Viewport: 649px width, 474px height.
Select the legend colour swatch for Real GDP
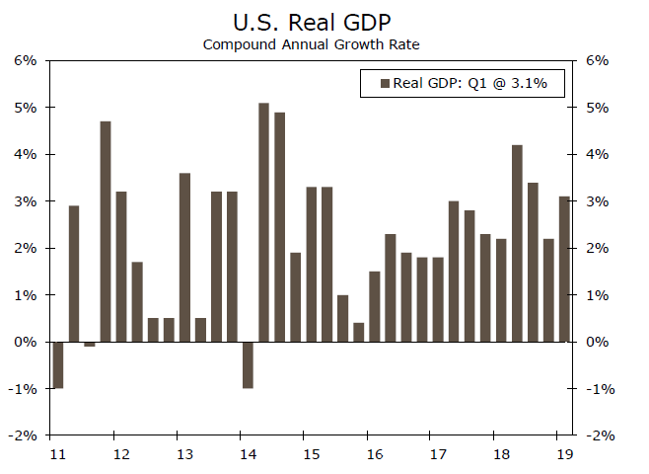pos(385,83)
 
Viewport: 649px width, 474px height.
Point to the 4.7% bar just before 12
pos(106,231)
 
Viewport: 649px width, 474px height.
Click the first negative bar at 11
pos(58,364)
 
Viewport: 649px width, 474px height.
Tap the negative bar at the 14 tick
pos(248,364)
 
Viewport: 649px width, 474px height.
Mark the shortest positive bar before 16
pos(358,332)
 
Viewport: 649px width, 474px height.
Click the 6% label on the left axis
pos(26,60)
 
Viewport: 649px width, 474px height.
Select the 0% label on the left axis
pos(26,342)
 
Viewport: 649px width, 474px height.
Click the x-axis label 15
pos(310,454)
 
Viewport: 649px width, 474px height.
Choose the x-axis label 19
pos(563,454)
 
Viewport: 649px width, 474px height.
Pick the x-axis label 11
pos(57,454)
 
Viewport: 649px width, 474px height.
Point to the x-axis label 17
pos(437,454)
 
